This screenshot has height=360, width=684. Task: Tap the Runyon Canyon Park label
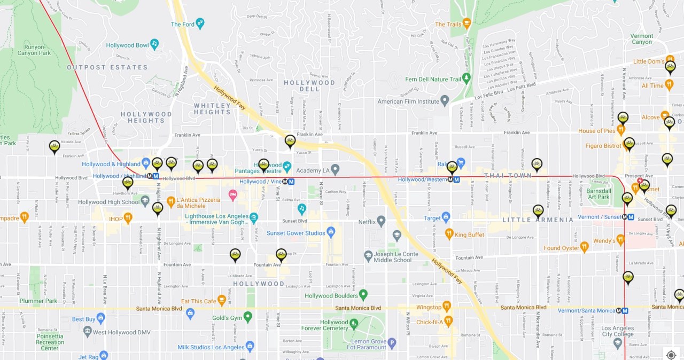coord(35,50)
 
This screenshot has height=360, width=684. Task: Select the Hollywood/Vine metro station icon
coord(289,181)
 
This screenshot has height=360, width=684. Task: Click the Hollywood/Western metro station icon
coord(453,179)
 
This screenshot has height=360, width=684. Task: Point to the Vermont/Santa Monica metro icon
coord(622,310)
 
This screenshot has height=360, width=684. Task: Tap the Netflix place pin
coord(380,221)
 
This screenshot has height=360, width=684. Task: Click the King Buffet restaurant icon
coord(449,234)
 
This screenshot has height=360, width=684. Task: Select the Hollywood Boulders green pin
coord(363,295)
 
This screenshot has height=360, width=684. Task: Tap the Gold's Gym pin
coord(247,317)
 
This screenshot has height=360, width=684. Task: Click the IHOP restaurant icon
coord(128,218)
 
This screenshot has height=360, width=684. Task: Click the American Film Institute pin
coord(445,100)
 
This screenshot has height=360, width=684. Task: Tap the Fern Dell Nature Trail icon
coord(467,79)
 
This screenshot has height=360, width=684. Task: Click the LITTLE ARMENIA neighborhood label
coord(538,220)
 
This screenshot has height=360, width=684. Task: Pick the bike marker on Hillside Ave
coord(55,146)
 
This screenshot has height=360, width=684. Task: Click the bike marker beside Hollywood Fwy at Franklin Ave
coord(290,140)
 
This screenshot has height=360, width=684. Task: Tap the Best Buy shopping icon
coord(100,318)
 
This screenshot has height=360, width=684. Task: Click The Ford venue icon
coord(200,24)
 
